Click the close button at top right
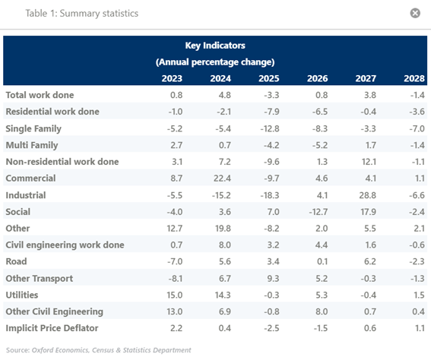[x=415, y=13]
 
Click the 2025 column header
[x=269, y=78]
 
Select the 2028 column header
[x=414, y=78]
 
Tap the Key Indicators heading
[x=215, y=46]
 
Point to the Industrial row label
[x=26, y=195]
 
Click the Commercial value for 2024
[x=222, y=178]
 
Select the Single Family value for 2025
[x=270, y=128]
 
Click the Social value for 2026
[x=318, y=212]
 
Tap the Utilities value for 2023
[x=175, y=295]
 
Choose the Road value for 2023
[x=175, y=261]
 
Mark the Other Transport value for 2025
[x=273, y=279]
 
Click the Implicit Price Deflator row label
[x=52, y=328]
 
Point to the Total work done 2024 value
[x=224, y=95]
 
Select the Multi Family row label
[x=32, y=145]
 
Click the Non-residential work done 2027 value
[x=369, y=162]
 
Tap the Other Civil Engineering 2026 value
[x=322, y=311]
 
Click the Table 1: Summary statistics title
[x=82, y=13]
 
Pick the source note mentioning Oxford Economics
[x=98, y=350]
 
